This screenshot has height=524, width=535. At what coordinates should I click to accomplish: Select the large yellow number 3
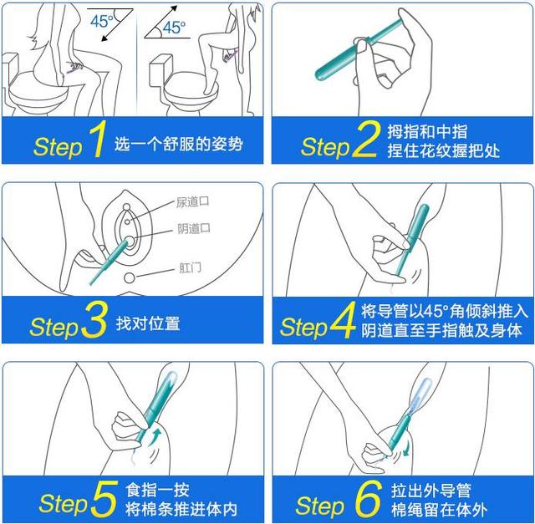click(94, 320)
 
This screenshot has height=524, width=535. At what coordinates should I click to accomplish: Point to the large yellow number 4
click(342, 320)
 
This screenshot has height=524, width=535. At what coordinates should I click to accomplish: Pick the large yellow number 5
click(104, 499)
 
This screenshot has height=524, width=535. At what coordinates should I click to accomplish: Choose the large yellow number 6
click(368, 499)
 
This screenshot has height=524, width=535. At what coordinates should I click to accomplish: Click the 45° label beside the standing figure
click(174, 28)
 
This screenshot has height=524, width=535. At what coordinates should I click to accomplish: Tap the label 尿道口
click(192, 202)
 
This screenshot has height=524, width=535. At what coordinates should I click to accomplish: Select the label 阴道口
click(194, 228)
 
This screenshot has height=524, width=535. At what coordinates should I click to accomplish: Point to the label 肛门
click(190, 267)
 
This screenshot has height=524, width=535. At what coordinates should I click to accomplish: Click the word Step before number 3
click(54, 327)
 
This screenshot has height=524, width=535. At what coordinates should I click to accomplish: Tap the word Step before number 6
click(319, 506)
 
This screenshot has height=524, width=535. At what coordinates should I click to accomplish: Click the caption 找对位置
click(148, 323)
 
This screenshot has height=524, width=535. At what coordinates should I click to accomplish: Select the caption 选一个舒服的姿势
click(178, 144)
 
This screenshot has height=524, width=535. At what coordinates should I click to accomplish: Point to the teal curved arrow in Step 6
click(407, 448)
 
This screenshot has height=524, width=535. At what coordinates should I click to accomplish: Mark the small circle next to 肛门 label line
click(130, 277)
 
